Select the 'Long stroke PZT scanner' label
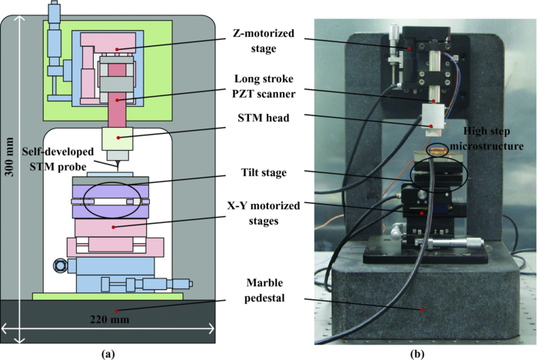coord(264,84)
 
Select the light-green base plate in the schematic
coord(108,295)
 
